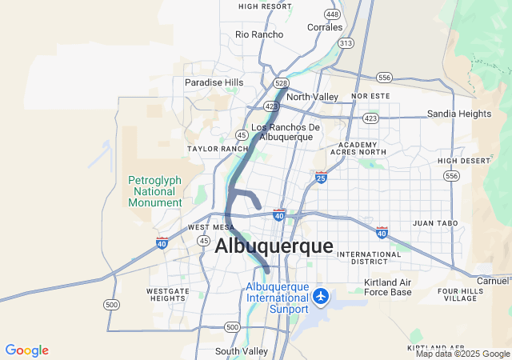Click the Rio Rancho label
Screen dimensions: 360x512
tap(259, 34)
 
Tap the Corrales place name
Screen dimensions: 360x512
tap(325, 27)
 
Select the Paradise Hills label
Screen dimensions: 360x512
tap(214, 82)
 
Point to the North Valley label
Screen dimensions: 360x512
tap(312, 97)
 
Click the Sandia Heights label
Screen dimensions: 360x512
tap(458, 114)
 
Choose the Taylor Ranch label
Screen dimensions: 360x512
tap(218, 149)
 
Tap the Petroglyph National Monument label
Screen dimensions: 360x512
tap(155, 191)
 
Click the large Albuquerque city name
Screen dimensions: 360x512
tap(274, 246)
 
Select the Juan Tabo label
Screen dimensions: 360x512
tap(434, 223)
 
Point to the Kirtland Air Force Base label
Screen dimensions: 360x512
tap(388, 287)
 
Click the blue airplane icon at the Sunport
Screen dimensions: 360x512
tap(322, 297)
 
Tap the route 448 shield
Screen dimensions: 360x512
tap(331, 14)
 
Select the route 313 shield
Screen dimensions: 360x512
tap(346, 43)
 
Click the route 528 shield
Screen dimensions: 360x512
tap(280, 82)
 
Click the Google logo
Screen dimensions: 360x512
tap(26, 350)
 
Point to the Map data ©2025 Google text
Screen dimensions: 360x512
tap(462, 354)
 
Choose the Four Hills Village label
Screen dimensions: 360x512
tap(460, 294)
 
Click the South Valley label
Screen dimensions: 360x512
tap(242, 351)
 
